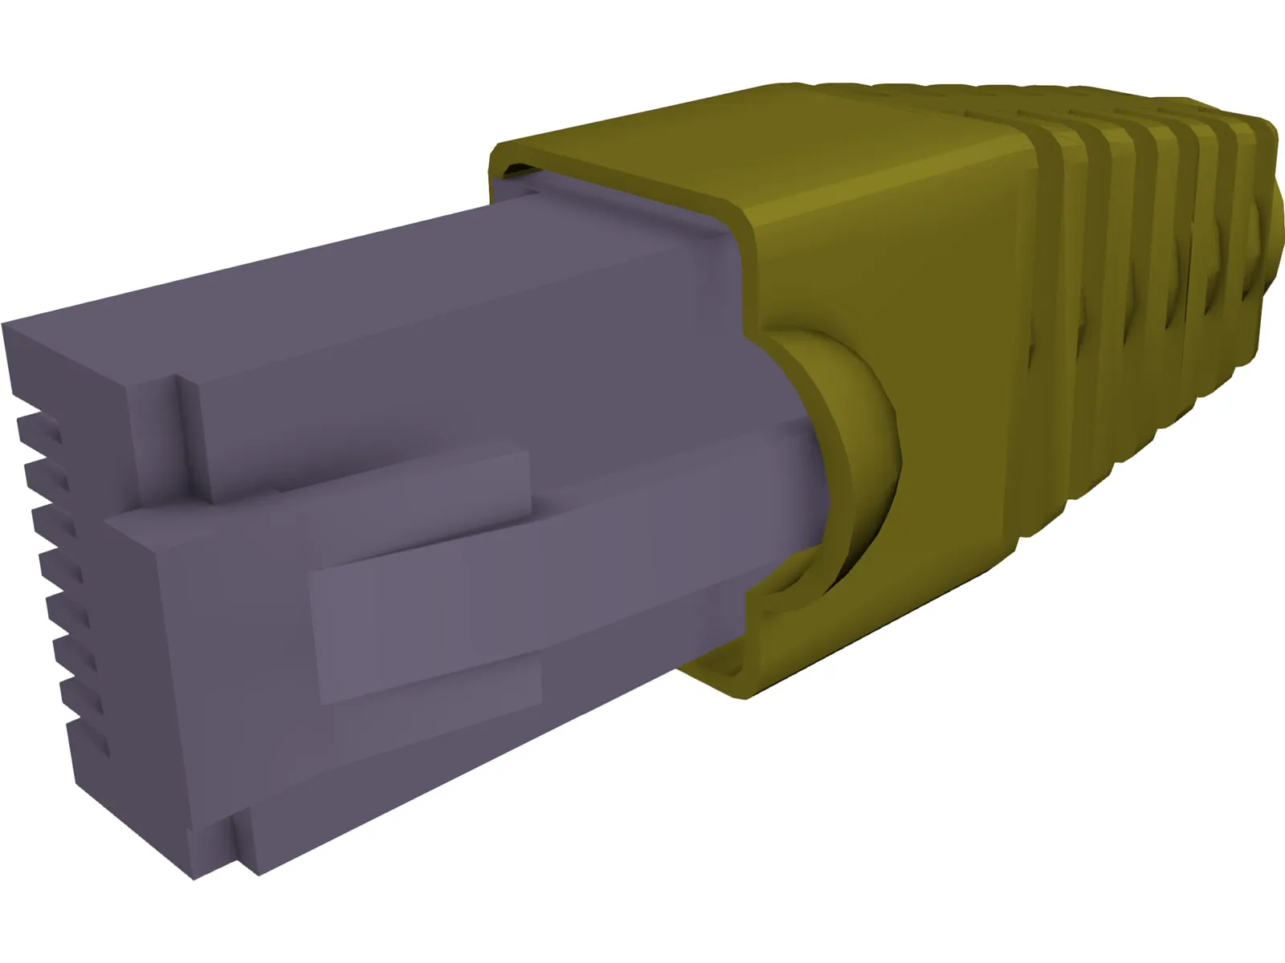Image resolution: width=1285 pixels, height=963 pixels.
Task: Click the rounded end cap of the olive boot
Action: pos(1269,233)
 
